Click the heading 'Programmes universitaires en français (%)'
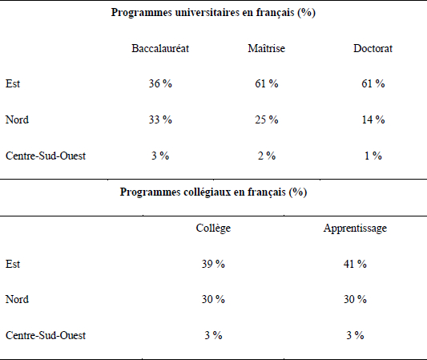coord(213,13)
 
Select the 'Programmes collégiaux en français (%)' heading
coord(213,192)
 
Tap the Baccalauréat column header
coord(160,48)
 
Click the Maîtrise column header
coord(267,48)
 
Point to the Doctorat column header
coord(373,48)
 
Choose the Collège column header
coord(213,228)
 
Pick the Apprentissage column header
coord(355,228)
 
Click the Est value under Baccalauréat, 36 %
coord(160,83)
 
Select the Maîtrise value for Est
coord(267,83)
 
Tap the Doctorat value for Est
coord(373,83)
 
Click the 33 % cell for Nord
coord(160,119)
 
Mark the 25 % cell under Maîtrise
coord(267,119)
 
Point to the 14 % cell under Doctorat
coord(373,119)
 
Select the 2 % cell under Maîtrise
coord(267,156)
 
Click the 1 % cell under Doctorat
coord(373,156)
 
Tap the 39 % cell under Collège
coord(213,264)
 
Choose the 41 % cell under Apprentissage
coord(355,264)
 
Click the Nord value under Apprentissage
coord(355,299)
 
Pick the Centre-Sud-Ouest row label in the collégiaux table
coord(46,335)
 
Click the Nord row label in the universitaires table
coord(17,119)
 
